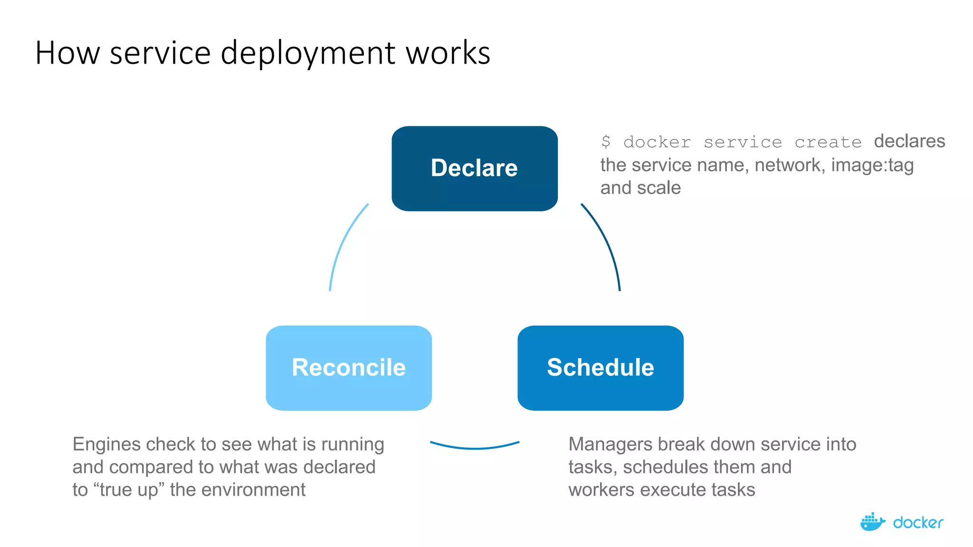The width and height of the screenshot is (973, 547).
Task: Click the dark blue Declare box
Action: pyautogui.click(x=474, y=168)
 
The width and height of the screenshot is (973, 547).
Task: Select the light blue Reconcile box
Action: pyautogui.click(x=349, y=368)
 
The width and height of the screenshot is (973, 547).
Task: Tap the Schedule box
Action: pyautogui.click(x=600, y=368)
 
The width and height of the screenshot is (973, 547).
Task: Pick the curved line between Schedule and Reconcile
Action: pyautogui.click(x=475, y=447)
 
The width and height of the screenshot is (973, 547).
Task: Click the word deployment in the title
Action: pyautogui.click(x=308, y=53)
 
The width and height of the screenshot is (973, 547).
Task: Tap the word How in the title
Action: pyautogui.click(x=67, y=53)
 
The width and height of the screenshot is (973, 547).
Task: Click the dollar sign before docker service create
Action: pyautogui.click(x=606, y=141)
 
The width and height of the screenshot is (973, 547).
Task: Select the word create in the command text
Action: pyautogui.click(x=828, y=142)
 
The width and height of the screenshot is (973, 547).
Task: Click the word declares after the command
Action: pyautogui.click(x=909, y=141)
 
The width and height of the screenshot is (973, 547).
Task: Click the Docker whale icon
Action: pyautogui.click(x=872, y=522)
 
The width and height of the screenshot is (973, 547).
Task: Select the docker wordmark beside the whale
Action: pyautogui.click(x=918, y=523)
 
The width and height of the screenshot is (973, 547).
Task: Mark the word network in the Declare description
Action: pyautogui.click(x=790, y=165)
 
